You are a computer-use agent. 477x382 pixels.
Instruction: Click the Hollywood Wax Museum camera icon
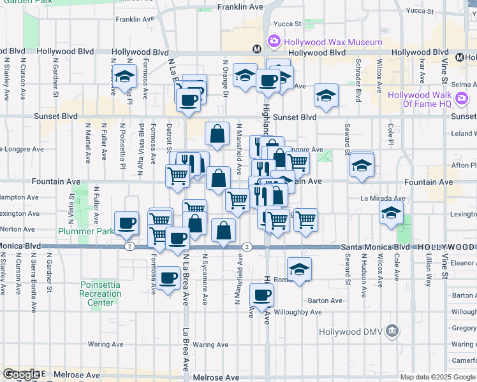274,42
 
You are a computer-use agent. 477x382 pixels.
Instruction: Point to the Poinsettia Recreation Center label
101,294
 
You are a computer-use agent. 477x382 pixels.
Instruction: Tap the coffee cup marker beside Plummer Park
127,223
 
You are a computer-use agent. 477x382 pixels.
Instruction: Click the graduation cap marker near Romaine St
299,269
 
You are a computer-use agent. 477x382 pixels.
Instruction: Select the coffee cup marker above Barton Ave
262,295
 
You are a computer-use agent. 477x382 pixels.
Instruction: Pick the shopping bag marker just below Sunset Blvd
217,134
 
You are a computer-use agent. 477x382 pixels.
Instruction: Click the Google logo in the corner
20,375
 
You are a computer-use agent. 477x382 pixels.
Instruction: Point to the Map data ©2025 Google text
437,377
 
